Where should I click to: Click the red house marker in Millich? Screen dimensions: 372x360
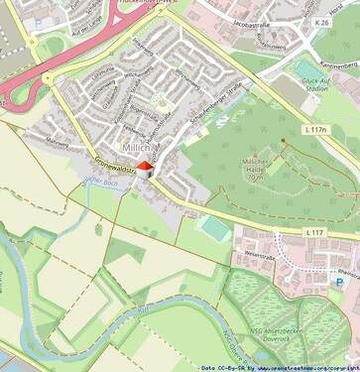click(x=145, y=169)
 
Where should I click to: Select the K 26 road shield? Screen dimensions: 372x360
click(x=320, y=21)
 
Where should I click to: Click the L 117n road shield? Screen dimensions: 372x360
click(x=315, y=130)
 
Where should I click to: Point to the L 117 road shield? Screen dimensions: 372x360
click(x=314, y=232)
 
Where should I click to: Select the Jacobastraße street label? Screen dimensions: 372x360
click(x=251, y=18)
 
